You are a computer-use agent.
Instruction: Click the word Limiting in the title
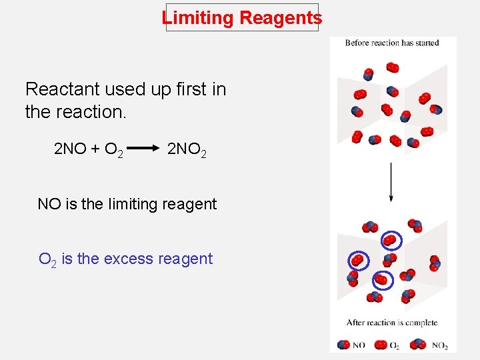coord(198,18)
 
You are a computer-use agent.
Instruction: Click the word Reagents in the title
coord(280,18)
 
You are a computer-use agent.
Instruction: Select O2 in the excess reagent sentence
coord(47,259)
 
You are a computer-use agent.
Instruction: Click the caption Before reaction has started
coord(392,43)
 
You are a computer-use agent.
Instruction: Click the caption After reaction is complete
coord(392,323)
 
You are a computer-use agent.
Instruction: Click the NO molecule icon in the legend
coord(343,345)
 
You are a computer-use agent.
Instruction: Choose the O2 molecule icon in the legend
coord(381,345)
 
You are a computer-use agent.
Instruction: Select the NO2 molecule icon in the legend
coord(418,345)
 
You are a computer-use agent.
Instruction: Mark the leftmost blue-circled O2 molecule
coord(357,259)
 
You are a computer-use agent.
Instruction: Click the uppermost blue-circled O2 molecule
coord(391,240)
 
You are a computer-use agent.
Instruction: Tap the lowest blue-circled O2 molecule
coord(383,279)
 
